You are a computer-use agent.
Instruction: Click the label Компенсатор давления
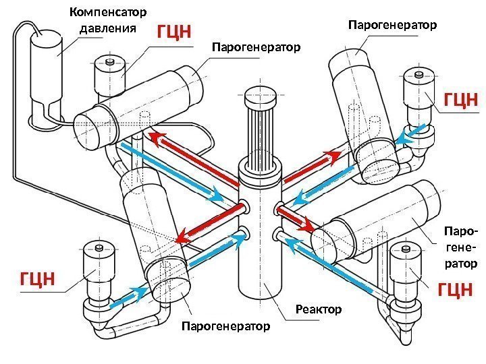pyautogui.click(x=108, y=21)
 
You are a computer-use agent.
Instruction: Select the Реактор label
pyautogui.click(x=319, y=309)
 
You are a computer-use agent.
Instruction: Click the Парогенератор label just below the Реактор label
pyautogui.click(x=225, y=326)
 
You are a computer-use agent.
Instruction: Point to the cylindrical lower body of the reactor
pyautogui.click(x=260, y=263)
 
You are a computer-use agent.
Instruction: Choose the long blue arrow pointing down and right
pyautogui.click(x=172, y=171)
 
